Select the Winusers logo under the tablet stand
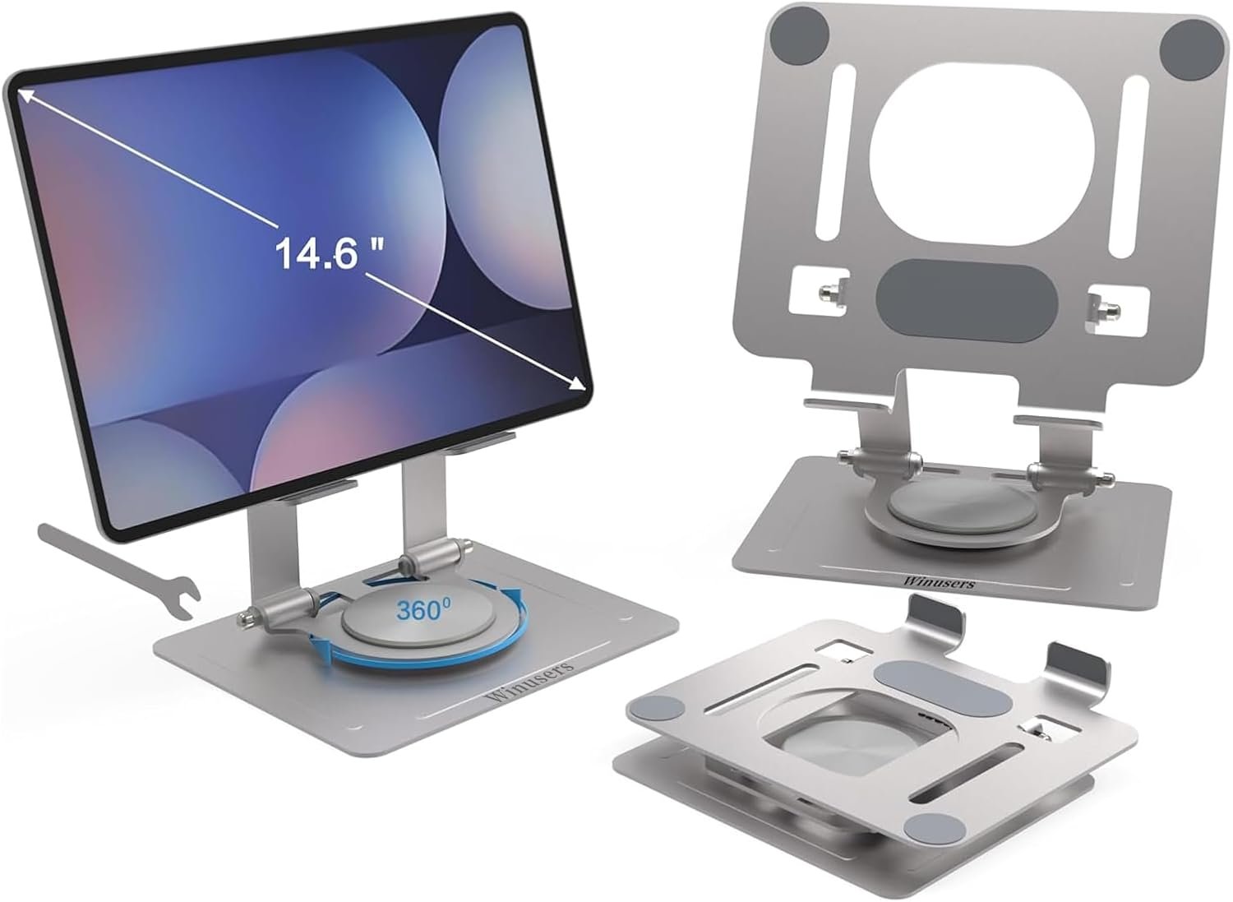[529, 681]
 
